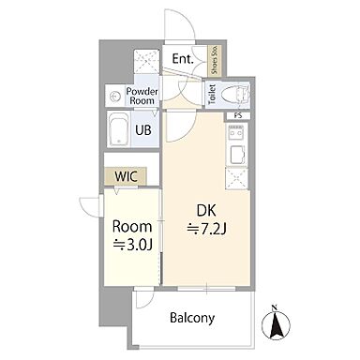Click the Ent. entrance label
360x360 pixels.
click(x=183, y=59)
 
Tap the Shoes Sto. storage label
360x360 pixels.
click(x=215, y=60)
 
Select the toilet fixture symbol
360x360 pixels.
click(x=235, y=94)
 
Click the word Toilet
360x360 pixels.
click(x=212, y=94)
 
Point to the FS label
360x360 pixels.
click(x=238, y=115)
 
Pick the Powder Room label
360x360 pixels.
click(x=142, y=97)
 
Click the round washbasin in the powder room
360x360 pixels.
click(x=114, y=97)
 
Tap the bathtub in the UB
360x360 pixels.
click(x=118, y=128)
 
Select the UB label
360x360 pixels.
click(x=143, y=129)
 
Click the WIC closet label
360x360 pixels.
click(x=126, y=176)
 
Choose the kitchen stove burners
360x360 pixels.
click(x=236, y=133)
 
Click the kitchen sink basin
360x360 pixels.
click(x=237, y=155)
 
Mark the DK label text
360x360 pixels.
click(x=206, y=211)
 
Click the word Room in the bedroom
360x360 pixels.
click(x=132, y=227)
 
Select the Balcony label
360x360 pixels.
click(x=192, y=318)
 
